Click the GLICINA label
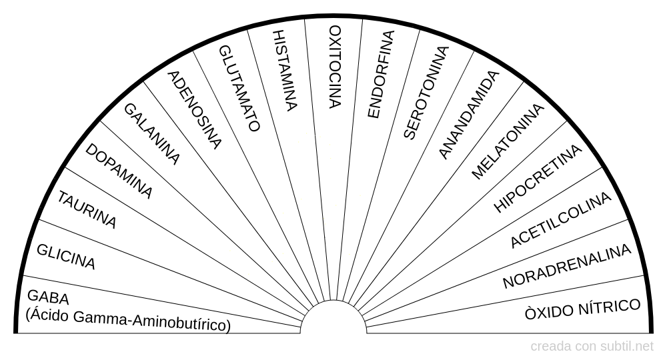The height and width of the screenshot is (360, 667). pyautogui.click(x=66, y=257)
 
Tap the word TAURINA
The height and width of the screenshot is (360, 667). pyautogui.click(x=87, y=210)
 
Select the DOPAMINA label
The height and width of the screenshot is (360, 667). pyautogui.click(x=119, y=171)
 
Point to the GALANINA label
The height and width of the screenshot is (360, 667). pyautogui.click(x=152, y=134)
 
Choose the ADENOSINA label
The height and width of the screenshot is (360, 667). pyautogui.click(x=195, y=110)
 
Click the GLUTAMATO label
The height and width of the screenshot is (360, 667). pyautogui.click(x=239, y=89)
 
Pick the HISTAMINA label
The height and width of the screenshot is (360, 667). pyautogui.click(x=284, y=71)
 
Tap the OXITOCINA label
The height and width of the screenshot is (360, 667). pyautogui.click(x=336, y=67)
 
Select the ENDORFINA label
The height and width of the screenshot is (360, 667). pyautogui.click(x=381, y=75)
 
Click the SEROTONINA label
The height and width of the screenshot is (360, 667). pyautogui.click(x=426, y=93)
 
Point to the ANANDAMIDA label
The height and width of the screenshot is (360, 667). pyautogui.click(x=468, y=115)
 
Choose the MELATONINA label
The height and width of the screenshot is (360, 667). pyautogui.click(x=508, y=141)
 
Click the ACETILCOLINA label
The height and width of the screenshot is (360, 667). pyautogui.click(x=561, y=220)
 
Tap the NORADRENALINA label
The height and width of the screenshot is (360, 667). pyautogui.click(x=566, y=266)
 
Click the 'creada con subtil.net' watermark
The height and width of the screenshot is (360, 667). pyautogui.click(x=592, y=347)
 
